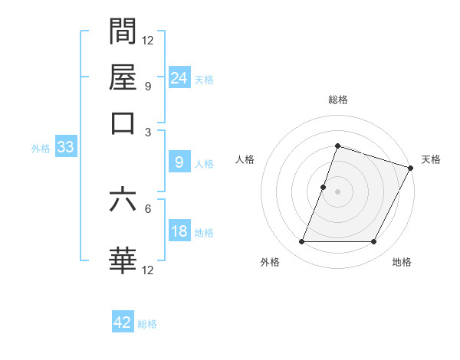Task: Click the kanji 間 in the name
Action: coord(123,31)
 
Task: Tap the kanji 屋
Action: coord(123,77)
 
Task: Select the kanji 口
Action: coord(123,122)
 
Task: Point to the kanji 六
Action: coord(123,200)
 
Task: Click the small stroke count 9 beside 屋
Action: coord(147,86)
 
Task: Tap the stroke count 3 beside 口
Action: coord(147,132)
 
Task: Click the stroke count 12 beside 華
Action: coord(148,270)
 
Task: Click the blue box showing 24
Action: coord(179,77)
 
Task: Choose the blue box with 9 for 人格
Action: coord(179,162)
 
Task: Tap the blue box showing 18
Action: coord(179,231)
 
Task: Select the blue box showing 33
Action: coord(65,148)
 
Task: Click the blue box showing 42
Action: coord(123,322)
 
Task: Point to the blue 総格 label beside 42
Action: coord(147,324)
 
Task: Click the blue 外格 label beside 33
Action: coord(41,149)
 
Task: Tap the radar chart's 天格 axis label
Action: coord(431,159)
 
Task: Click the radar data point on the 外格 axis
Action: coord(301,242)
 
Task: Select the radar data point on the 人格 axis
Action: coord(324,186)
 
